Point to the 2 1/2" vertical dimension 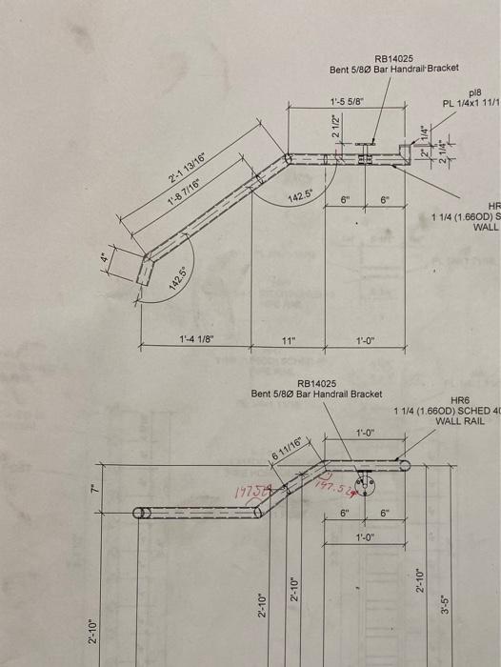coord(334,127)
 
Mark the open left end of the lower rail coord(139,513)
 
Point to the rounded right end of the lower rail coord(405,466)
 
